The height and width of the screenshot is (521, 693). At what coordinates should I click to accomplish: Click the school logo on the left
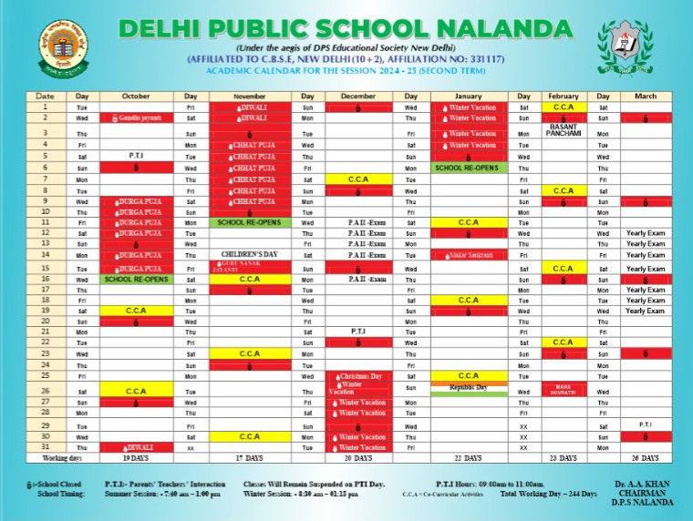pos(63,46)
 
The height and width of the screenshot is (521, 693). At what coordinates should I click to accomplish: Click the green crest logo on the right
pos(625,48)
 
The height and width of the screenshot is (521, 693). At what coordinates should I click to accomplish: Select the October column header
pos(136,96)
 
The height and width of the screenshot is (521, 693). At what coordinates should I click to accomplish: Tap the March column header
pos(645,96)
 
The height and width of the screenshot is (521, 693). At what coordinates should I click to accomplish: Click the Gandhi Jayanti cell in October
pos(136,118)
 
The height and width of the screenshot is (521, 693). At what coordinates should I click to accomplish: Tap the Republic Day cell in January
pos(469,387)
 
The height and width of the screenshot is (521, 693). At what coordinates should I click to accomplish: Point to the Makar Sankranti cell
pos(469,254)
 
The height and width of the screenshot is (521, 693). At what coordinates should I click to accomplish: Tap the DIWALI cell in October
pos(136,447)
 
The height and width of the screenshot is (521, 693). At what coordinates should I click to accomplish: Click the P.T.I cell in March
pos(645,424)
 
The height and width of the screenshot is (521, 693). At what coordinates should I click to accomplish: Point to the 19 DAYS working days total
pos(136,458)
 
